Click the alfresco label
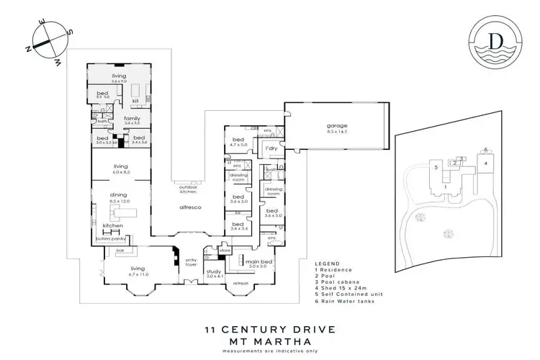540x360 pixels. point(189,207)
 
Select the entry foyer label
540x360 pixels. point(191,263)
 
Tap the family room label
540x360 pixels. point(131,120)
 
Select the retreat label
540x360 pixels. point(240,284)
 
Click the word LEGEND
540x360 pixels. point(327,264)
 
